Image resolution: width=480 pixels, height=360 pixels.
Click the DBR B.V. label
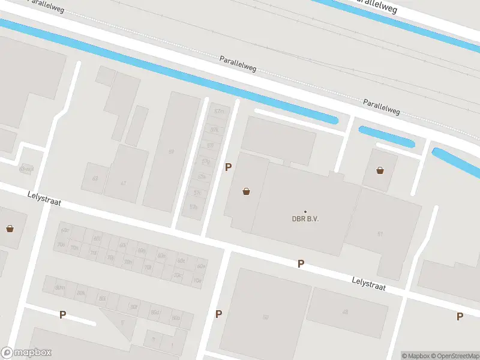[x=305, y=218]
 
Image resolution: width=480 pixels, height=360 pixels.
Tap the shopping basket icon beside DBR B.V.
[x=246, y=192]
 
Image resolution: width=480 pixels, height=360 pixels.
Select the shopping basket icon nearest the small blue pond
[x=380, y=170]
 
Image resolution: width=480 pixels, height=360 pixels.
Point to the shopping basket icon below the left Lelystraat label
[x=10, y=228]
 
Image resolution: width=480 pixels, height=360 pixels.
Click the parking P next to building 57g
[x=228, y=167]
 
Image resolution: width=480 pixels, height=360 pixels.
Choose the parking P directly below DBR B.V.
[x=301, y=263]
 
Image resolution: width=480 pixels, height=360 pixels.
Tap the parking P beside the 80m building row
[x=62, y=314]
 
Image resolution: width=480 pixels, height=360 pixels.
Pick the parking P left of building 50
[x=219, y=314]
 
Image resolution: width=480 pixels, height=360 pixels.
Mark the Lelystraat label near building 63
[x=44, y=199]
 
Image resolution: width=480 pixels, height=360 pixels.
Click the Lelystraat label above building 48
[x=368, y=283]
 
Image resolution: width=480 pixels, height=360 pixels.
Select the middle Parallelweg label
[x=238, y=64]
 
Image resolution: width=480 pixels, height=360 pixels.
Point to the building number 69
[x=171, y=152]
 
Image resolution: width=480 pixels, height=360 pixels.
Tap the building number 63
[x=95, y=178]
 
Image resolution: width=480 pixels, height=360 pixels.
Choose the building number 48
[x=345, y=311]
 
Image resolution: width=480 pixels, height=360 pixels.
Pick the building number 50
[x=265, y=316]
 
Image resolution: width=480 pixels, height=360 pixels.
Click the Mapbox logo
[x=26, y=353]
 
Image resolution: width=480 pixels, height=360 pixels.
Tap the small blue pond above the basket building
[x=386, y=136]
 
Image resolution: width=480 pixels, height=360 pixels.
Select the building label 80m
[x=60, y=287]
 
